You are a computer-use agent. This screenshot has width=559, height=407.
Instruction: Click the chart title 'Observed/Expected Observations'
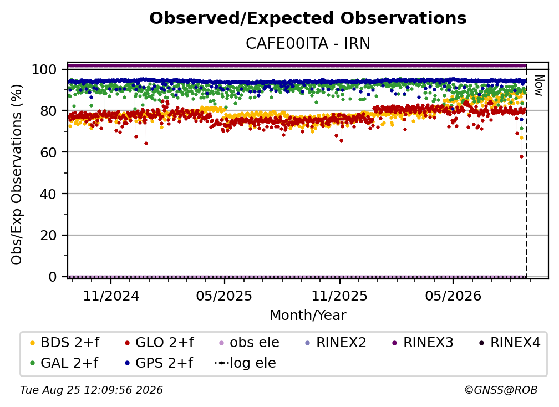[x=308, y=18]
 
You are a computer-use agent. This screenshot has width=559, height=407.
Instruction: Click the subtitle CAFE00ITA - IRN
[x=308, y=44]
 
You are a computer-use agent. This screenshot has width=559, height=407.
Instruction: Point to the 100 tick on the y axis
[x=44, y=69]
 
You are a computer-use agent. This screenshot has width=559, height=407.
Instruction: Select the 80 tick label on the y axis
[x=48, y=111]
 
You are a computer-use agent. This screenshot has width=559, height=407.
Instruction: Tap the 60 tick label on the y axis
[x=48, y=152]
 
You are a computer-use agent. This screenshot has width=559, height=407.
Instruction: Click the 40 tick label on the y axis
[x=48, y=194]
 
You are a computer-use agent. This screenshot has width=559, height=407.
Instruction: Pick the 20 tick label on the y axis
[x=48, y=235]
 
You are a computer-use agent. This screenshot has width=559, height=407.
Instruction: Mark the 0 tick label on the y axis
[x=53, y=277]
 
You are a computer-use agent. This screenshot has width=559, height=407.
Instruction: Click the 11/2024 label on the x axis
[x=111, y=296]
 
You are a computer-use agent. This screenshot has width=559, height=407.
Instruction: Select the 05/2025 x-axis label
[x=224, y=296]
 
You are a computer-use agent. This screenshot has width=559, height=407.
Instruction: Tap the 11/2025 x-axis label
[x=340, y=296]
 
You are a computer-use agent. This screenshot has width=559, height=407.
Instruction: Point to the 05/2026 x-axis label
[x=453, y=296]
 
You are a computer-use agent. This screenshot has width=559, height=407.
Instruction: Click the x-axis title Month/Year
[x=308, y=316]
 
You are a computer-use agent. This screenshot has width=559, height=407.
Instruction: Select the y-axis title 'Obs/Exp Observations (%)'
[x=17, y=175]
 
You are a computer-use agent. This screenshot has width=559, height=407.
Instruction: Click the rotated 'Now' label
[x=538, y=85]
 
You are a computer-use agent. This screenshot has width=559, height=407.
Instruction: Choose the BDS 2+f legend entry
[x=65, y=343]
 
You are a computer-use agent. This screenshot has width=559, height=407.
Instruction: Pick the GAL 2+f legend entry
[x=64, y=363]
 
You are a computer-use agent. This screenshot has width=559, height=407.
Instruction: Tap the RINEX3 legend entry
[x=423, y=343]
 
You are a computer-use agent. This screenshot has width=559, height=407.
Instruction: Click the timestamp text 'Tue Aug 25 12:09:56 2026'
[x=92, y=390]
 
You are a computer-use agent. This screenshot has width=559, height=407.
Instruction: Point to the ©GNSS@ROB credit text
[x=501, y=390]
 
